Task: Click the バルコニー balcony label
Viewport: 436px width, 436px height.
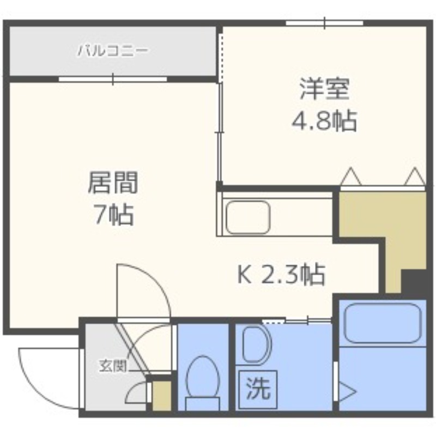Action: click(112, 52)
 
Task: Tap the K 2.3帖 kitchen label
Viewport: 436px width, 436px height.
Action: click(281, 275)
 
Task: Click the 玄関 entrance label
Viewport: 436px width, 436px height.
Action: click(112, 366)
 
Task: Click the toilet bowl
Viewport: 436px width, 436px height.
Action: click(203, 376)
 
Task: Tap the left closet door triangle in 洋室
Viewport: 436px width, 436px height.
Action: click(350, 177)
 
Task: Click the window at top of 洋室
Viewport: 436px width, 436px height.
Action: click(325, 23)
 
